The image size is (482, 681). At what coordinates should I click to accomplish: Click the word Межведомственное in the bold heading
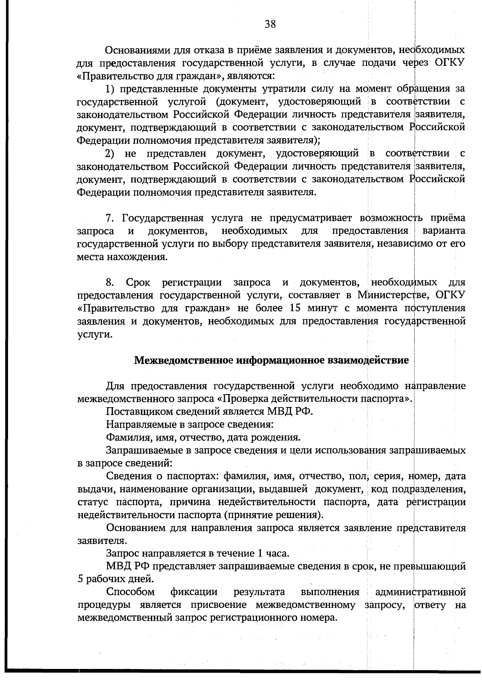point(184,360)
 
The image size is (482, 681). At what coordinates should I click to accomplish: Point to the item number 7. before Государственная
point(110,218)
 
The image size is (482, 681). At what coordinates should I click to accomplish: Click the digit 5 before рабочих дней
point(80,579)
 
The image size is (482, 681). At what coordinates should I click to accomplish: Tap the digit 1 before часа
point(258,553)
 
